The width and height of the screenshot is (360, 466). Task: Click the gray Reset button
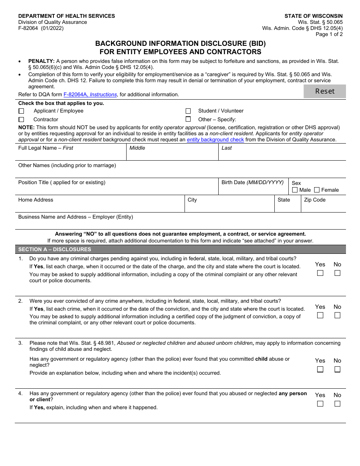click(x=325, y=91)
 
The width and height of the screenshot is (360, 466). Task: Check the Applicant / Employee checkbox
click(x=21, y=111)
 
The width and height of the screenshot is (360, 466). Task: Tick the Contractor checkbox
click(x=21, y=120)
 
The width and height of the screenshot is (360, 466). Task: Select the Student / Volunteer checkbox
click(x=188, y=111)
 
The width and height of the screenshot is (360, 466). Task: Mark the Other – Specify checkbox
click(x=188, y=119)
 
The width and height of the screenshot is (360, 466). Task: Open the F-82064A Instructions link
click(x=90, y=95)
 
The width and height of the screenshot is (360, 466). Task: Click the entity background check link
click(x=215, y=140)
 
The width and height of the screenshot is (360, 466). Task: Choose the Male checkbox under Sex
click(x=295, y=190)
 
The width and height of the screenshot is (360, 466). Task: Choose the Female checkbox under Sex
click(x=317, y=190)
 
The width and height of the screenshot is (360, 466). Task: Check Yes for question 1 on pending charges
click(x=320, y=273)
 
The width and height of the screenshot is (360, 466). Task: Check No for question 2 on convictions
click(x=337, y=315)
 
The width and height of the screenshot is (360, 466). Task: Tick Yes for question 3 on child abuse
click(x=320, y=369)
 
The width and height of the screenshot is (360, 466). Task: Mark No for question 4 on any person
click(x=337, y=403)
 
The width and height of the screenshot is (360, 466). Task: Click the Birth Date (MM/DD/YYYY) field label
click(x=252, y=183)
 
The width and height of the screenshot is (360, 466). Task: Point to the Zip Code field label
click(x=315, y=200)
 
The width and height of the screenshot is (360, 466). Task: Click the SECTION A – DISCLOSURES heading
click(x=55, y=249)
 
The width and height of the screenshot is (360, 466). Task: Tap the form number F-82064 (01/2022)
click(x=41, y=28)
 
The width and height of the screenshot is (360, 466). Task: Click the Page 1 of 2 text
click(x=329, y=34)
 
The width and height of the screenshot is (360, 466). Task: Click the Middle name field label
click(x=137, y=148)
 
